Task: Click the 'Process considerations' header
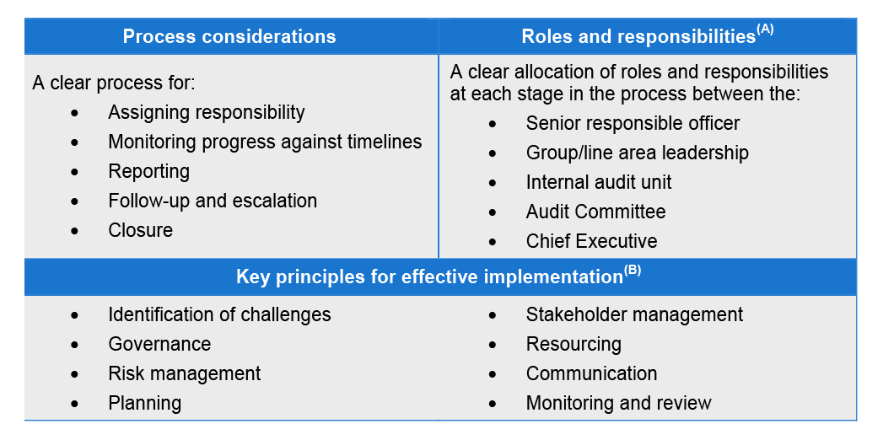229,36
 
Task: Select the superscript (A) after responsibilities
765,31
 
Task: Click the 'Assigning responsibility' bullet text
206,113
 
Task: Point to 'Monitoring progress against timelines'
265,142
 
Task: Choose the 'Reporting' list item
148,172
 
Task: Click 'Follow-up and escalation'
213,201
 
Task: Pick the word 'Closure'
140,230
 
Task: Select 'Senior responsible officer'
633,123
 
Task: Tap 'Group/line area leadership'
637,153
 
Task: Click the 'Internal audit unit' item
599,182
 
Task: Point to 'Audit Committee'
595,212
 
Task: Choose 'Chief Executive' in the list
591,241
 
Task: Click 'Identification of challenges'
219,314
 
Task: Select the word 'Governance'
159,344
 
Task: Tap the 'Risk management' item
184,373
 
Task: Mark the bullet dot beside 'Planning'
75,404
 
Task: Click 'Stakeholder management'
634,314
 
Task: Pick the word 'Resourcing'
573,344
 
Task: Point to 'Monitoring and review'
618,403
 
